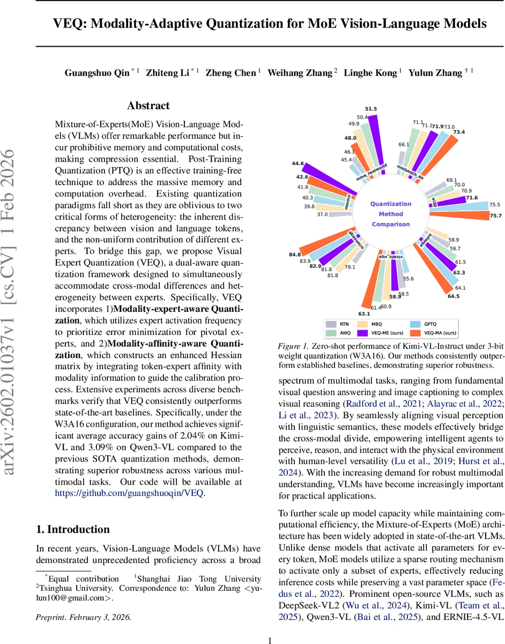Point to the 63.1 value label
(364, 313)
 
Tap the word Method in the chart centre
(391, 214)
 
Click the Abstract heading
(148, 106)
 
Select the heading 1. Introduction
(73, 529)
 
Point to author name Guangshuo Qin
(97, 72)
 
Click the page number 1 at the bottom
(270, 640)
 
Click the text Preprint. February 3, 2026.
(83, 617)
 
